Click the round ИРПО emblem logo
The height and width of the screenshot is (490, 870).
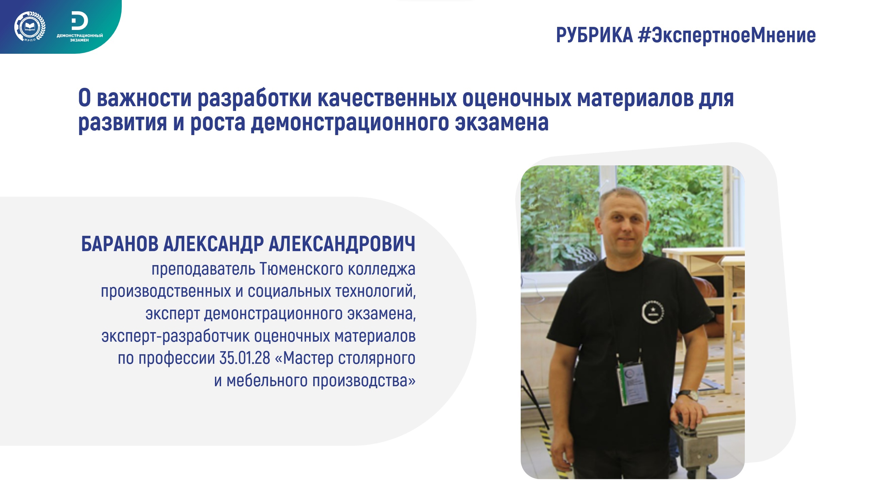pyautogui.click(x=30, y=27)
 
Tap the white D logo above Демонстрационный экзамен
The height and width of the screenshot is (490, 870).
pyautogui.click(x=80, y=21)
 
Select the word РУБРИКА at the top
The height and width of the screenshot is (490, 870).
pyautogui.click(x=595, y=35)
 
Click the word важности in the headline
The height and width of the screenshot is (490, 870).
pyautogui.click(x=144, y=98)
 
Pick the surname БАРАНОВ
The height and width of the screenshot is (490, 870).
pyautogui.click(x=120, y=244)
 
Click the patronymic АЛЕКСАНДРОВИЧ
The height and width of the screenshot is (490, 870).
pyautogui.click(x=342, y=244)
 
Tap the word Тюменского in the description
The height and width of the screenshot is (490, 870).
pyautogui.click(x=302, y=269)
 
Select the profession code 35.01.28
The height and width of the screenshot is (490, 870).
pyautogui.click(x=245, y=358)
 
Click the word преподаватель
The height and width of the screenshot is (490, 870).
pyautogui.click(x=203, y=269)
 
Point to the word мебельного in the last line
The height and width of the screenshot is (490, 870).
pyautogui.click(x=267, y=380)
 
